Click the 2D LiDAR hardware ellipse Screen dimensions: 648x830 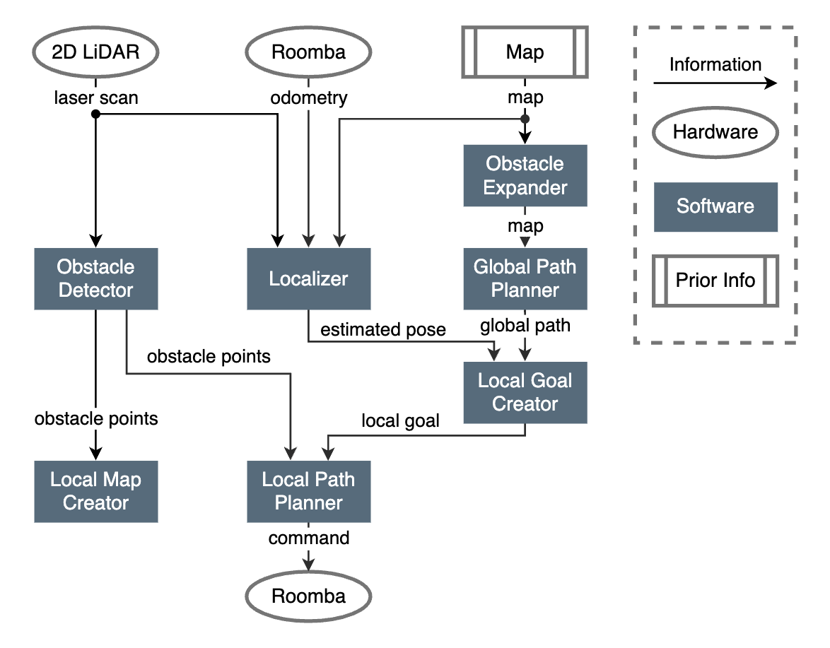click(x=96, y=53)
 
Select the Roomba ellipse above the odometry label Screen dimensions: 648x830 click(x=308, y=53)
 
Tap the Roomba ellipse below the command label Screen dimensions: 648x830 click(x=308, y=596)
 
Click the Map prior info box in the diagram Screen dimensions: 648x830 click(x=525, y=53)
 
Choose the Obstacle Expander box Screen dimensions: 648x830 click(x=525, y=176)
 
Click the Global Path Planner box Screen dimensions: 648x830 click(x=525, y=278)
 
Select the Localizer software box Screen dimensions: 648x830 click(x=308, y=278)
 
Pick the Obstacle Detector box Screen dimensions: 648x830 click(x=96, y=278)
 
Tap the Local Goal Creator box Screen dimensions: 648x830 click(x=525, y=392)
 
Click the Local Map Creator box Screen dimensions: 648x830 click(x=96, y=491)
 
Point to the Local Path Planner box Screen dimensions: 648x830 click(x=308, y=491)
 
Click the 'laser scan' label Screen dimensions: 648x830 click(x=96, y=98)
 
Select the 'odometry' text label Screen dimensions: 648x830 click(x=309, y=98)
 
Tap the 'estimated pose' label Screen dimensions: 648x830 click(x=383, y=329)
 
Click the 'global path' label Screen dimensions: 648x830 click(x=525, y=326)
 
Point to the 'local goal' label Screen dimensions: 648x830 click(x=400, y=421)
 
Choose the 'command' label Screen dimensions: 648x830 click(x=309, y=538)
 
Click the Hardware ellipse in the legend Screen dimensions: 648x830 click(x=715, y=132)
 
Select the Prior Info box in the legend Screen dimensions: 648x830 click(x=715, y=280)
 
